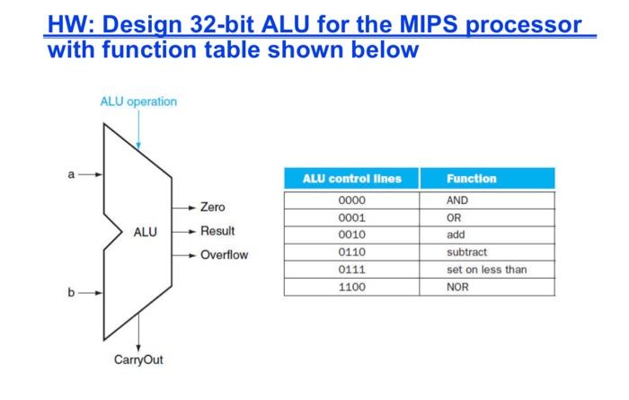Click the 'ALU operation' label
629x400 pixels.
138,102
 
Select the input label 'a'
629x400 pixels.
72,174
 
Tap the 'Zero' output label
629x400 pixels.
213,207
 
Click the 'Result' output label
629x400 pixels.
217,231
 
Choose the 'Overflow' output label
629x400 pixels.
224,255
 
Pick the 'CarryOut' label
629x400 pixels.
138,360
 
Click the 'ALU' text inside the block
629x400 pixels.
146,232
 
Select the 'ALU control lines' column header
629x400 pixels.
351,179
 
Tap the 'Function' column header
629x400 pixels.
471,179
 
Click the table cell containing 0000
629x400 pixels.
351,200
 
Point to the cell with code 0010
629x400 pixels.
351,236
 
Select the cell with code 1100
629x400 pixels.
351,287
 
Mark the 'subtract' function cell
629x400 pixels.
466,253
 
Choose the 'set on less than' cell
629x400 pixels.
486,270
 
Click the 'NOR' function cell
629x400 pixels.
457,287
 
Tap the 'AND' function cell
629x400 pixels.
457,200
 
